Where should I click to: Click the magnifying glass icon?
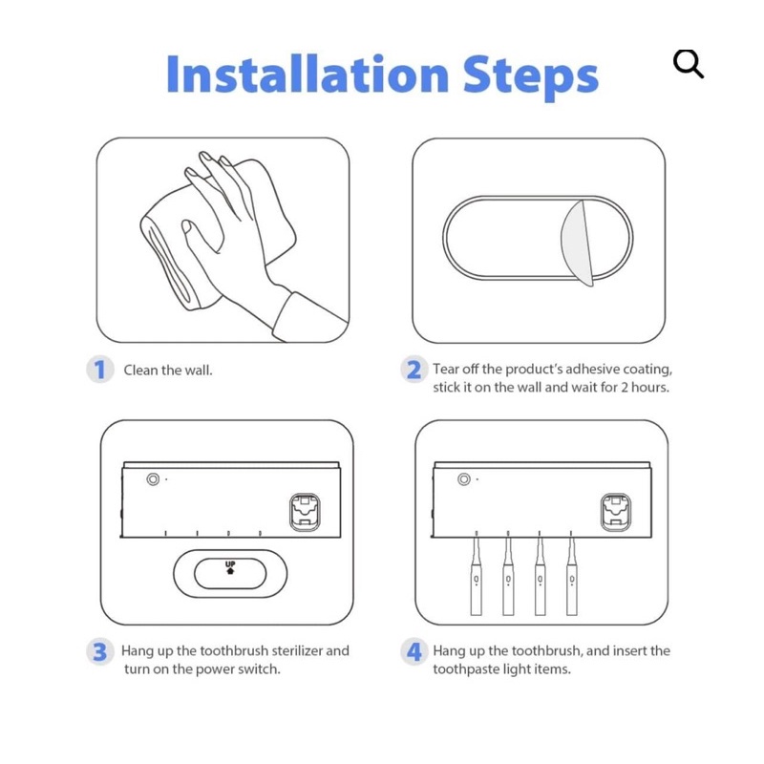tap(688, 63)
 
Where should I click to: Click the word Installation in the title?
tap(308, 74)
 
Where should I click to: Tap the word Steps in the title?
tap(530, 78)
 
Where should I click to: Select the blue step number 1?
tap(100, 370)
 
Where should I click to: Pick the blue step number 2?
tap(414, 370)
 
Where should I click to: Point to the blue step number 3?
tap(100, 652)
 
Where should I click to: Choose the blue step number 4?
tap(414, 652)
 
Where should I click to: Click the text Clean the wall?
tap(168, 371)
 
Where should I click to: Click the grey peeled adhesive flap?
tap(578, 243)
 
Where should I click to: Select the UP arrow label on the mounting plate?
tap(230, 567)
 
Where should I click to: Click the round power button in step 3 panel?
tap(153, 479)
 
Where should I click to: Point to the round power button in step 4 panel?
tap(464, 479)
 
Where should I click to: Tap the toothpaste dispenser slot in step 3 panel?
tap(305, 512)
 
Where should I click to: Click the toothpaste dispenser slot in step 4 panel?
tap(616, 512)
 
